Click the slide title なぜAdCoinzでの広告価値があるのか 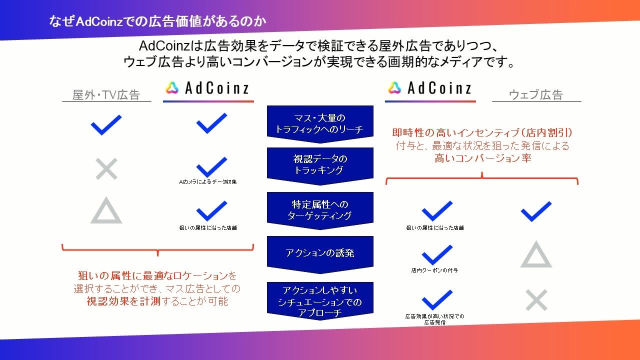157,21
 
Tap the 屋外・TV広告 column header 106,95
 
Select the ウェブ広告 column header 536,94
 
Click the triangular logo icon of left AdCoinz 172,88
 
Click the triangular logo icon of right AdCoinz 394,88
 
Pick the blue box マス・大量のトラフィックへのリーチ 320,123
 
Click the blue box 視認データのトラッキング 320,164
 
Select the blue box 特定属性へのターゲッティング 320,210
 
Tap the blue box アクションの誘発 320,253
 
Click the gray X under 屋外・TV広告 106,169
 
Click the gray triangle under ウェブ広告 536,255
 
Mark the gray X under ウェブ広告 536,300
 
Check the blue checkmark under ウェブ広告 536,211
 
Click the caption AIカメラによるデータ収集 208,182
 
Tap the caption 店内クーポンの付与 434,270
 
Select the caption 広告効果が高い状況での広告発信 434,319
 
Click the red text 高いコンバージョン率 482,158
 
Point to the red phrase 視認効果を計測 116,301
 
